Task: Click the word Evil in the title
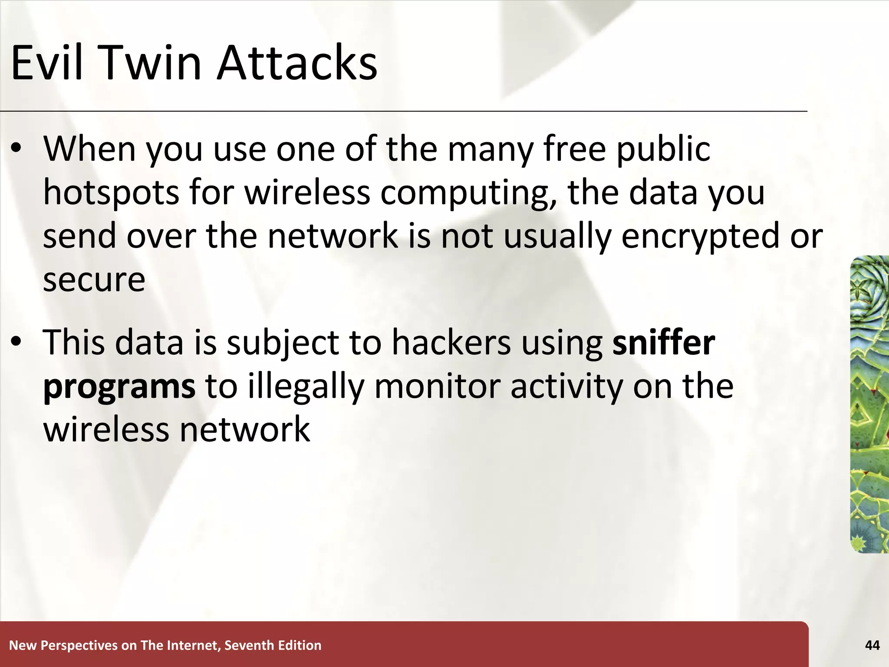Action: coord(46,63)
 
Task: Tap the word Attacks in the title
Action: coord(297,63)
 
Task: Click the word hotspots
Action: coord(111,192)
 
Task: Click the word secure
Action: coord(94,280)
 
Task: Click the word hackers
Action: coord(451,343)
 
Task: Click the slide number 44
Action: coord(872,645)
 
